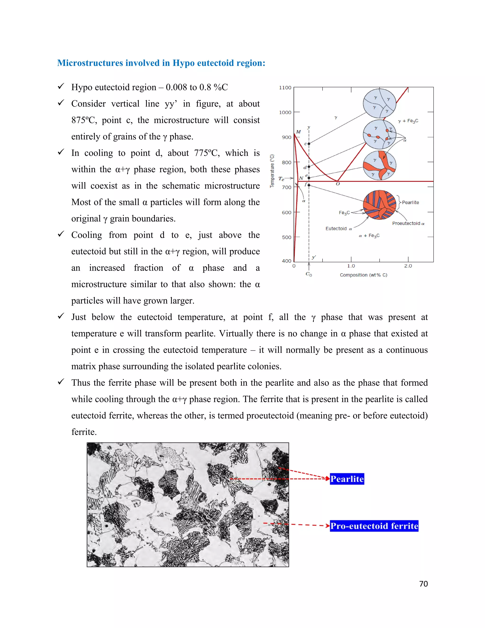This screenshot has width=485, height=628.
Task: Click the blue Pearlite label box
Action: point(347,479)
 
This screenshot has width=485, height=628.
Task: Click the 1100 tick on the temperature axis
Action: point(285,87)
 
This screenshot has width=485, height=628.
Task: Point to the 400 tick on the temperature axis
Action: point(287,261)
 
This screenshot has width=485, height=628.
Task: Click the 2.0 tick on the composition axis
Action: point(408,266)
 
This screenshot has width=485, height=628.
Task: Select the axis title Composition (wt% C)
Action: point(363,275)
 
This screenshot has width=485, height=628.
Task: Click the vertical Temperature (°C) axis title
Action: point(272,171)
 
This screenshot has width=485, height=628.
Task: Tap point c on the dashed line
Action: point(309,143)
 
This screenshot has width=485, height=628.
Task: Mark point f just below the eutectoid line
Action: point(309,185)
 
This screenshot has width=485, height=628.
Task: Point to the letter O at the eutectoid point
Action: point(338,184)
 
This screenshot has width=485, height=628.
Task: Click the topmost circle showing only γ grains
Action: point(379,104)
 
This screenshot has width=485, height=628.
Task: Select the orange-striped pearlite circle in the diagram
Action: point(379,205)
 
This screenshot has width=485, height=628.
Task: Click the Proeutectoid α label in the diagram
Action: point(408,223)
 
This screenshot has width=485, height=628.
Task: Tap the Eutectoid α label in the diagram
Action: point(338,229)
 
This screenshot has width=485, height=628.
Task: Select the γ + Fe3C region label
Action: point(408,121)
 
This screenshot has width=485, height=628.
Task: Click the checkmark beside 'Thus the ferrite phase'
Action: point(61,382)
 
